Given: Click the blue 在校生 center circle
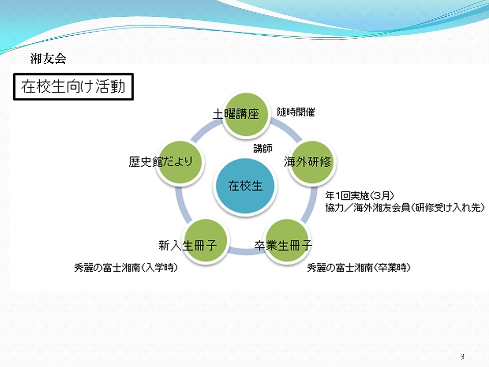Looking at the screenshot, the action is [245, 186].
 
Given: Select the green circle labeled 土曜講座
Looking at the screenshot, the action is [246, 114].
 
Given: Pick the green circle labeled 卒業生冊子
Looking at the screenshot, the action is [287, 241].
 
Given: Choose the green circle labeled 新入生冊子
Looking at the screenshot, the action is [205, 241].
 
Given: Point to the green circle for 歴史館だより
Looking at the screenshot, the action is [180, 162].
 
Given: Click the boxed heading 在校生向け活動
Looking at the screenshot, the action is [73, 87].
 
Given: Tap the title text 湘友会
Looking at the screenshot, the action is [48, 58].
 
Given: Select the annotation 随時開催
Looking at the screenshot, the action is [296, 112].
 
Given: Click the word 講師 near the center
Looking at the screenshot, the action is [263, 148].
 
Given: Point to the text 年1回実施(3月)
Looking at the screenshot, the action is [360, 196].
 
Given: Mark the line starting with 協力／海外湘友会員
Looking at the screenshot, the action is [405, 207].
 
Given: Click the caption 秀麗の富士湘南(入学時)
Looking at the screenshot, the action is [126, 268].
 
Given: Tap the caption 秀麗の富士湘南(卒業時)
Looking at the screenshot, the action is [359, 268].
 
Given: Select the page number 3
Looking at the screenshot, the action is [463, 356].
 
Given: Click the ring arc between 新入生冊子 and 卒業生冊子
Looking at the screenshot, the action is [246, 251].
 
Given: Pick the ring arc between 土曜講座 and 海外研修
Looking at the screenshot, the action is [287, 131].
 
